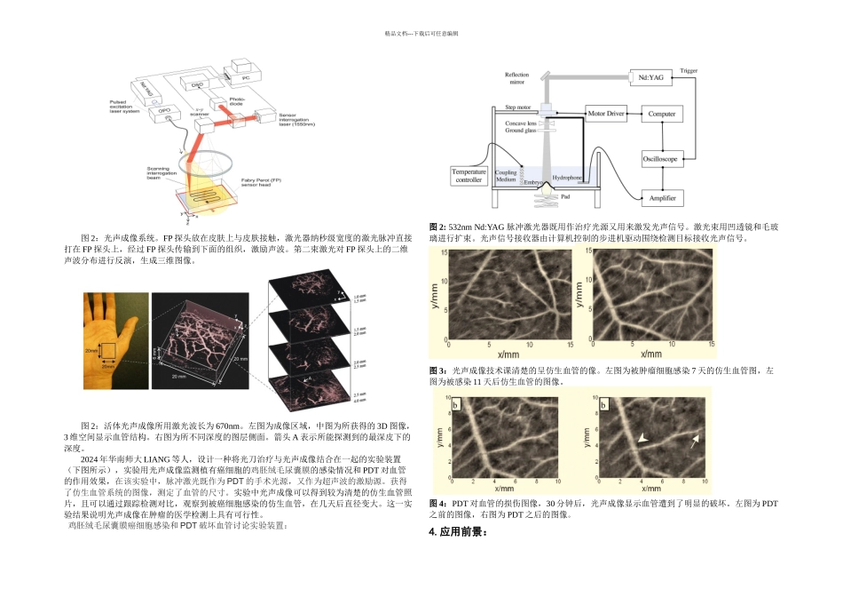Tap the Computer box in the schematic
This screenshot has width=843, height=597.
(x=661, y=115)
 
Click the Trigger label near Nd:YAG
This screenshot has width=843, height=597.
(x=689, y=70)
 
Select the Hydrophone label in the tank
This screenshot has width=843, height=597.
(x=567, y=178)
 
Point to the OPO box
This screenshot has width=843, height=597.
(x=164, y=113)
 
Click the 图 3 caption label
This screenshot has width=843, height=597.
(x=437, y=369)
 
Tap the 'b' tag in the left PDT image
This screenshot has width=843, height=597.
(x=456, y=405)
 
